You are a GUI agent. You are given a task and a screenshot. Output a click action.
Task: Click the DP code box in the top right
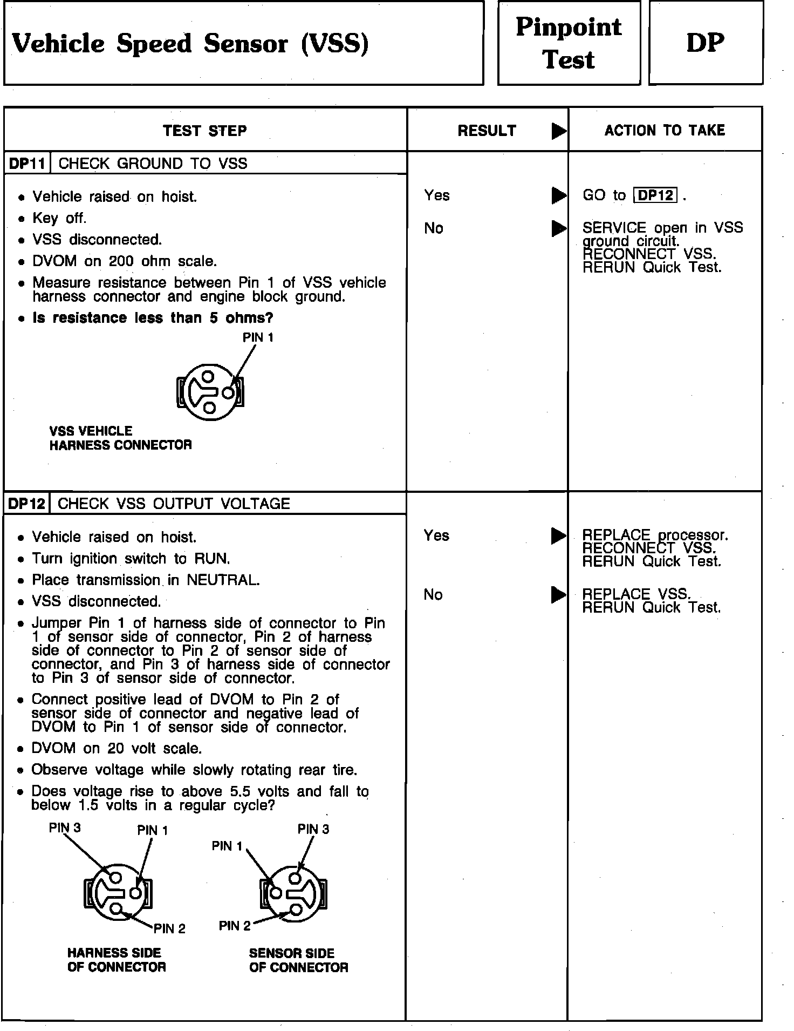click(x=705, y=43)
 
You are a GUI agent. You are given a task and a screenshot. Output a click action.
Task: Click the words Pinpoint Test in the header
click(x=569, y=43)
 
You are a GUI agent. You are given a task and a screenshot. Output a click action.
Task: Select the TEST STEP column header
click(x=205, y=131)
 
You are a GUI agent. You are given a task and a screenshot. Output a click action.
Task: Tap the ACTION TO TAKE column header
click(x=665, y=130)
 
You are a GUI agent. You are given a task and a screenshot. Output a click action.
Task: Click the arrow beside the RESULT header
click(x=559, y=131)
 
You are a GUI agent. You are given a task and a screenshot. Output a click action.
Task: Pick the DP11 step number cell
click(x=27, y=164)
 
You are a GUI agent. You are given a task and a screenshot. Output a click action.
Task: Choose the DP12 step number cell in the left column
click(x=27, y=504)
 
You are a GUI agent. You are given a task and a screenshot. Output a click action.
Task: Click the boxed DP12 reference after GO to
click(x=655, y=195)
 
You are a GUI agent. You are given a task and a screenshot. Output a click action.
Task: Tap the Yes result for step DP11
click(x=437, y=195)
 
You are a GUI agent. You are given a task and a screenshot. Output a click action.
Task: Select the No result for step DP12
click(x=433, y=594)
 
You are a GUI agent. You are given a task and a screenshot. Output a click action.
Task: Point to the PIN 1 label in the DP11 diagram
click(x=258, y=337)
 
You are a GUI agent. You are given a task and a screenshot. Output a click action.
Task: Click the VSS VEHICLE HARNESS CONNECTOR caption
click(x=120, y=438)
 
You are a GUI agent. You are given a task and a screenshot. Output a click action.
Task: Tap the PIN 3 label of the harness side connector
click(x=65, y=827)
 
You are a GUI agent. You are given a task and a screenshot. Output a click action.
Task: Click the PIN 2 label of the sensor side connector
click(x=235, y=926)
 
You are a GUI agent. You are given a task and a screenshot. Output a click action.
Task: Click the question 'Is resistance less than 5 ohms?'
click(x=153, y=317)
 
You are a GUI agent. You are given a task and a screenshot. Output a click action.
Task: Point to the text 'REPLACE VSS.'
click(x=636, y=594)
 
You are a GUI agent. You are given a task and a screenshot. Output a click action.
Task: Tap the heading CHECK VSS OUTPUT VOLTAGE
click(x=174, y=504)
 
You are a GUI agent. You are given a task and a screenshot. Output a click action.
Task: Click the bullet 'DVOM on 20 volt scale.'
click(x=117, y=748)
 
